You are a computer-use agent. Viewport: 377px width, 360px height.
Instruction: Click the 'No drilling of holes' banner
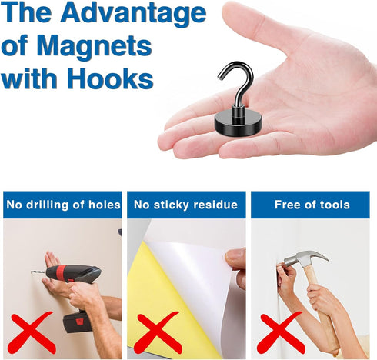coord(63,205)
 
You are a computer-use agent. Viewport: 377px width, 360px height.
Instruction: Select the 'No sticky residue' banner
coord(185,205)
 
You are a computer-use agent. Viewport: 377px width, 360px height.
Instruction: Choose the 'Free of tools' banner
coord(312,205)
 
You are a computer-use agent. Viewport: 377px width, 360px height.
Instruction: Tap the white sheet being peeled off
coord(196,285)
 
